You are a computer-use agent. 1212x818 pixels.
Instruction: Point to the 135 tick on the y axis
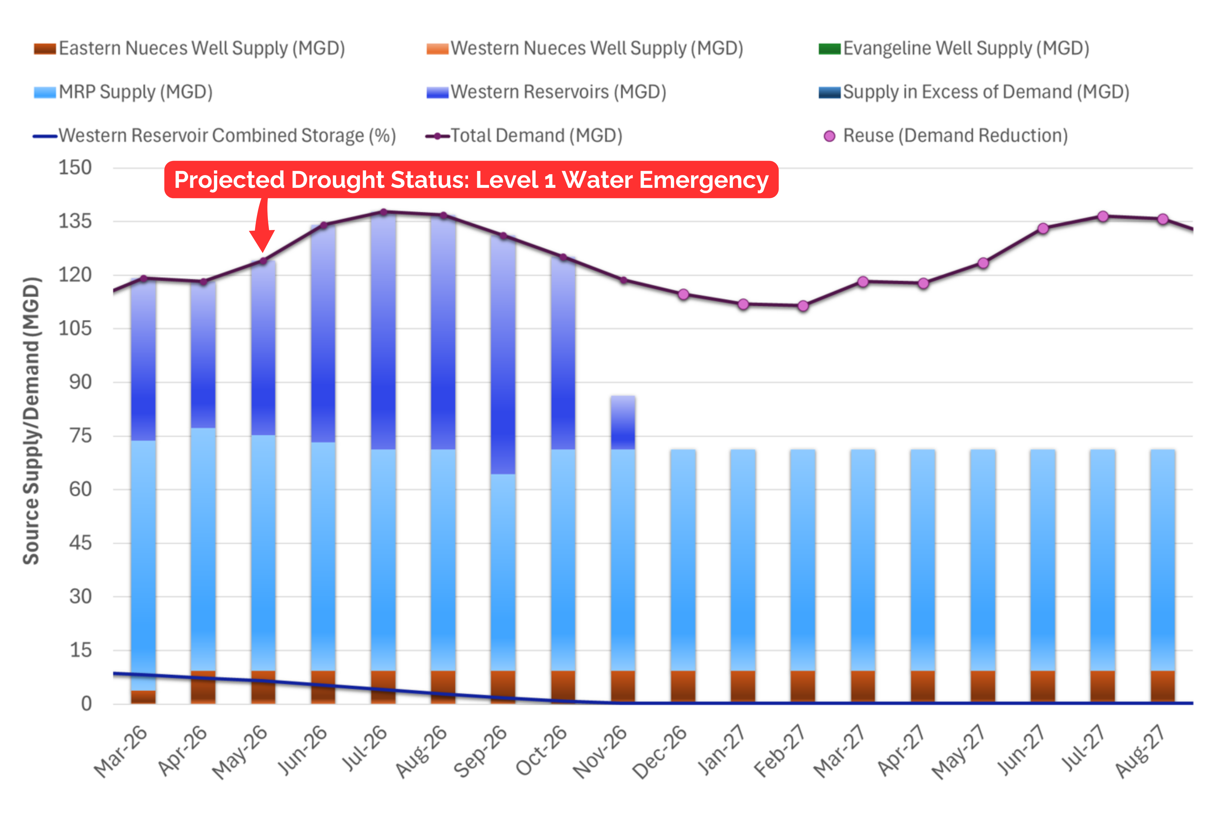tap(75, 221)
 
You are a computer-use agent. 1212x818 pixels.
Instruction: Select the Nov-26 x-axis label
tap(600, 751)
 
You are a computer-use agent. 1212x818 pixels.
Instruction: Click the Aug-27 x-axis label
tap(1140, 751)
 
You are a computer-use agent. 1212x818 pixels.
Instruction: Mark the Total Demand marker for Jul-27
tap(1103, 216)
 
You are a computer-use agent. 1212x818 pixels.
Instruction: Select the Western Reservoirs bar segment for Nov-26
tap(623, 422)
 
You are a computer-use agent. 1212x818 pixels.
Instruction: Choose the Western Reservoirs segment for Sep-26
tap(503, 354)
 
